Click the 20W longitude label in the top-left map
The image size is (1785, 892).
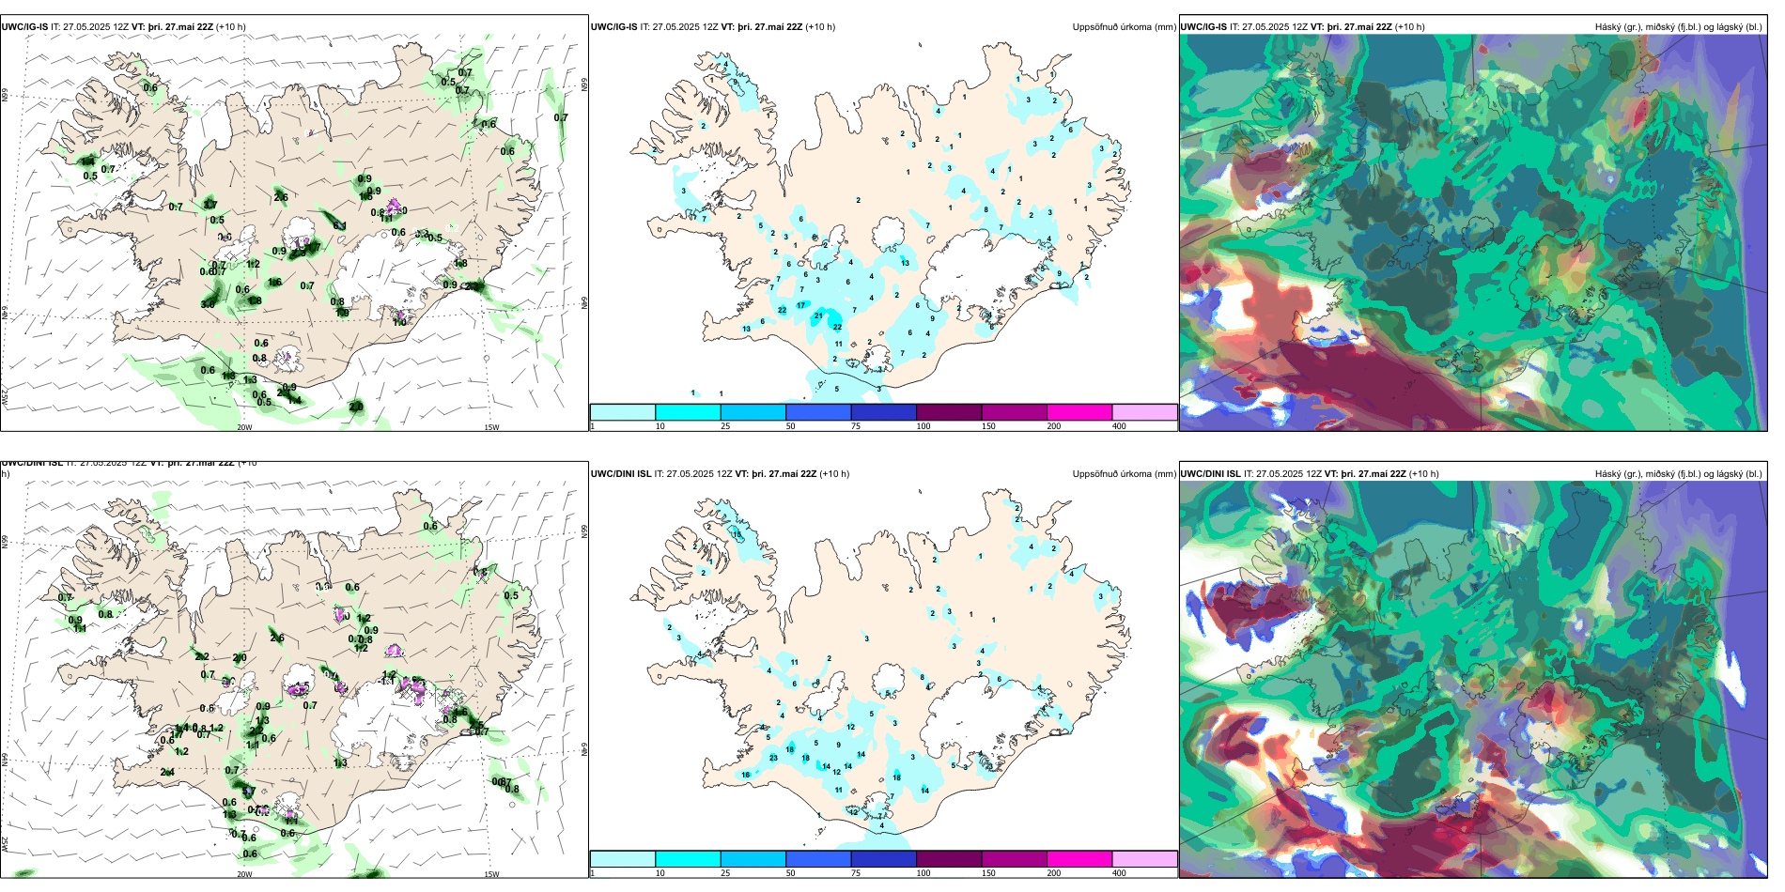point(244,427)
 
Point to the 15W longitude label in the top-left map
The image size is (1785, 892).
point(491,427)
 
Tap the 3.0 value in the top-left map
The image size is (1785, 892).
point(208,304)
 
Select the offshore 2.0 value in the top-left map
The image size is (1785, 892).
point(356,407)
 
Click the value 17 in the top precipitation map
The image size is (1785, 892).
point(801,305)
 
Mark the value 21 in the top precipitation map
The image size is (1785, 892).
point(818,315)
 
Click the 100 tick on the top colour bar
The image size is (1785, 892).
point(924,426)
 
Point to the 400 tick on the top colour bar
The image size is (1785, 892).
point(1119,426)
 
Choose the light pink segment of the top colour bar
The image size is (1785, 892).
point(1144,412)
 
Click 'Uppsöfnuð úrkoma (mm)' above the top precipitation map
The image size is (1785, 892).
point(1124,27)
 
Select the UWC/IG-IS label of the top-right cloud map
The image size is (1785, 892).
point(1203,27)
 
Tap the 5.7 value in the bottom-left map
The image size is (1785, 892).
point(249,792)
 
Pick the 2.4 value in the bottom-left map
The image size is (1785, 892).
point(167,772)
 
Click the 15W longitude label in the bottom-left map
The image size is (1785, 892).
point(491,874)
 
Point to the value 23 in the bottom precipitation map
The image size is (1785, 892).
point(773,757)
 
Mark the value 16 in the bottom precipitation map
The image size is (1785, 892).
point(746,775)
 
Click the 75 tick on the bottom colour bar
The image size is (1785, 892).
point(856,873)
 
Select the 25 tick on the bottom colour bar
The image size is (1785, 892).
point(725,873)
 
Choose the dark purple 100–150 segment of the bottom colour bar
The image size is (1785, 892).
point(949,859)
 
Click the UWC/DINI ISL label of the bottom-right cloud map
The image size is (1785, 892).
point(1210,474)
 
